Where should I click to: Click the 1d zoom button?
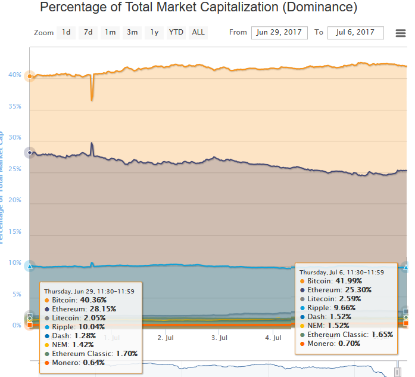tap(66, 32)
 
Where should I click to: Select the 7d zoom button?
tap(88, 32)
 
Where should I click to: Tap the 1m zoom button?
tap(110, 32)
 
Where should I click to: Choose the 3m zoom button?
tap(132, 32)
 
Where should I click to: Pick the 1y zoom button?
tap(154, 32)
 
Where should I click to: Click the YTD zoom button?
tap(176, 32)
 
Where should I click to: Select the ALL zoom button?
tap(198, 32)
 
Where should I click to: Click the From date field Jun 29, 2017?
tap(279, 33)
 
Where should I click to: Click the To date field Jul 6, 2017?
tap(355, 33)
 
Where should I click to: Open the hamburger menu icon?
tap(401, 33)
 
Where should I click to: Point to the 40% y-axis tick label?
tap(15, 75)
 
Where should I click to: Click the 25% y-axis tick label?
tap(15, 169)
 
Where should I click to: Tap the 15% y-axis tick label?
tap(15, 231)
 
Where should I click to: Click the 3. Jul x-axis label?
tap(220, 338)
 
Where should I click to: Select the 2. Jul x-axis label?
tap(166, 338)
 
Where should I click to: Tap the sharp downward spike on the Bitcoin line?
tap(92, 95)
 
